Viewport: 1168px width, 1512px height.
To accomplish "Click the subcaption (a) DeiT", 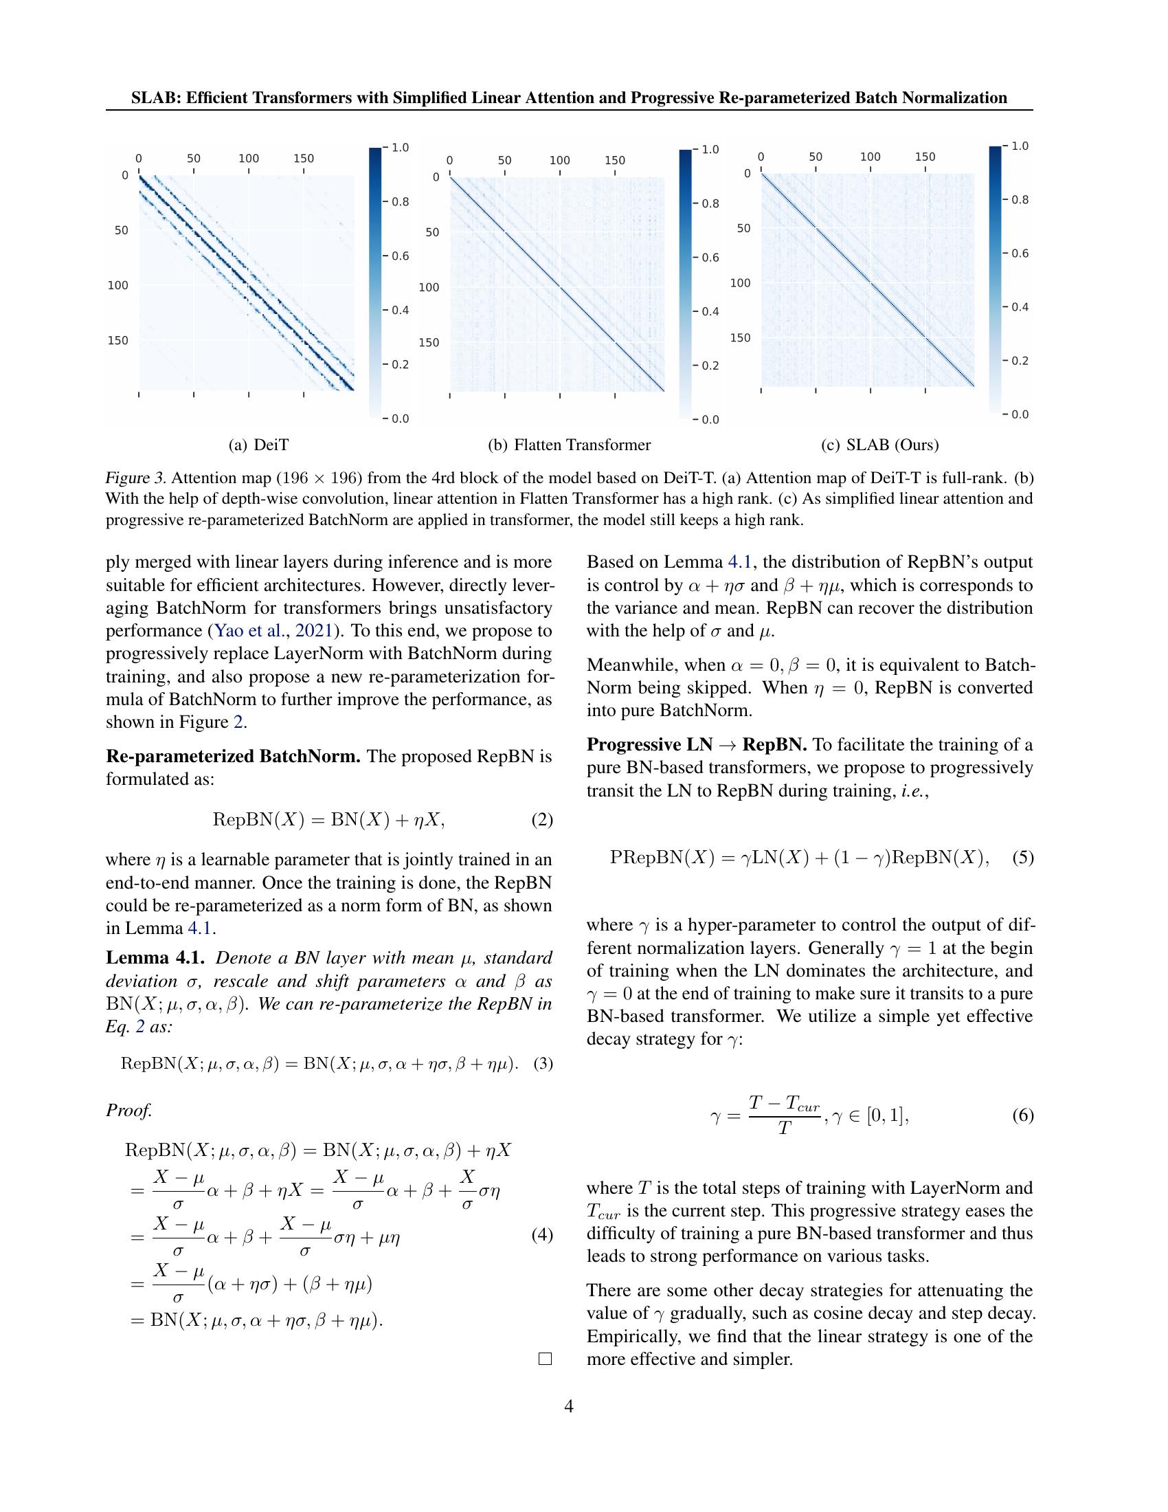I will click(258, 445).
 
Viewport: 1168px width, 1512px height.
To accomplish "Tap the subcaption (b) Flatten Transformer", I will click(569, 445).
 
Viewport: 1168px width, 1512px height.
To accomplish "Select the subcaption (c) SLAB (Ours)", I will click(879, 445).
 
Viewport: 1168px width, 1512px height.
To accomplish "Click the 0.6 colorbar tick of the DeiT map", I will click(397, 256).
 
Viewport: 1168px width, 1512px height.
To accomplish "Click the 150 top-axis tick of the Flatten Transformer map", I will click(614, 161).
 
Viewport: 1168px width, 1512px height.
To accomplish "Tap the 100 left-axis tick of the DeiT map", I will click(117, 285).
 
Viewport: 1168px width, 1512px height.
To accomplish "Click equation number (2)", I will click(542, 820).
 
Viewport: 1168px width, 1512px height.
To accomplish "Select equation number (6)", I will click(1023, 1115).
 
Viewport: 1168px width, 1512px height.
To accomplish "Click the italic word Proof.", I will click(128, 1111).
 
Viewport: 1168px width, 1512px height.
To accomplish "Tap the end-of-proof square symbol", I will click(545, 1359).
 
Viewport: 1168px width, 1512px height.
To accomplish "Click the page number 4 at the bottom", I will click(569, 1406).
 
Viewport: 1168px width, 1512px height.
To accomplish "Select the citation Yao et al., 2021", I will click(276, 631).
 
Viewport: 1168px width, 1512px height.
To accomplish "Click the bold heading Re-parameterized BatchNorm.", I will click(232, 756).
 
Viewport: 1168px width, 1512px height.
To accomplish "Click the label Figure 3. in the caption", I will click(135, 478).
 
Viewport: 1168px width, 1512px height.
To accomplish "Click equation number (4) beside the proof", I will click(542, 1235).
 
